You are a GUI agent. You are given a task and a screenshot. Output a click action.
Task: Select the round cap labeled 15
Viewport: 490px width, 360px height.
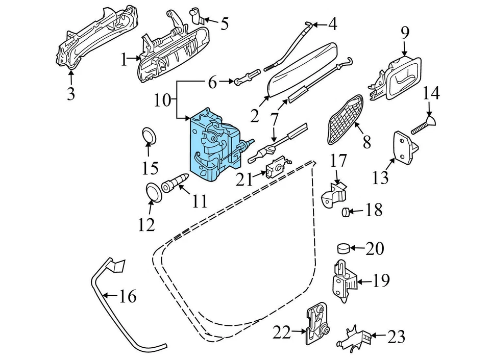[149, 136]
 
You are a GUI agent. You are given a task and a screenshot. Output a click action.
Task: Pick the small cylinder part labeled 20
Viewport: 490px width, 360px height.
[345, 249]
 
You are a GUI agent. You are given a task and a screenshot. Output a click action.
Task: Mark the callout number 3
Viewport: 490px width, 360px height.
[71, 94]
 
